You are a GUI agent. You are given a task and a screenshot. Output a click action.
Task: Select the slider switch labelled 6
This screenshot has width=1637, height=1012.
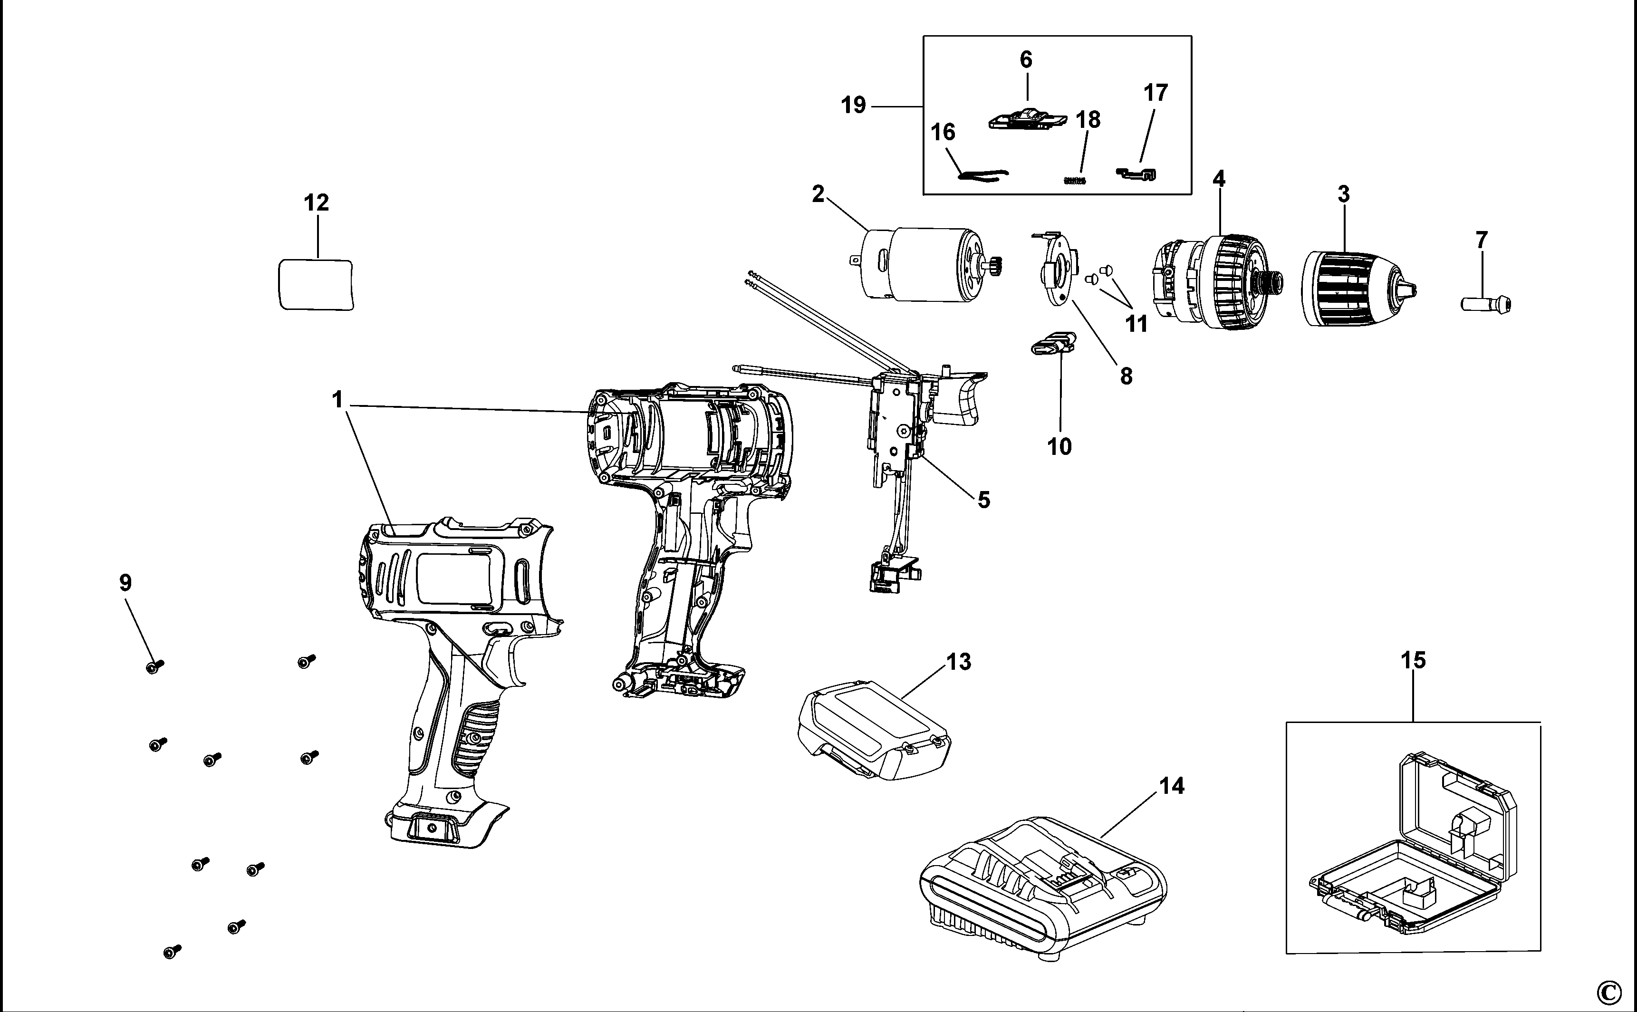pos(1027,120)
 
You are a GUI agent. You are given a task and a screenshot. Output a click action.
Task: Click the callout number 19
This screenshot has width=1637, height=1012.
pos(853,105)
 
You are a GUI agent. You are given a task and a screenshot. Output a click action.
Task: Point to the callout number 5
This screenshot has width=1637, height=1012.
pos(983,499)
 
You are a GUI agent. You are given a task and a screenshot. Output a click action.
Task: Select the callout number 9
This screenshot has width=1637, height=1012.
pos(125,583)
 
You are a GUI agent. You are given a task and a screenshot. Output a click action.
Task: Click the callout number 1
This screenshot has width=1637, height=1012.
pos(337,400)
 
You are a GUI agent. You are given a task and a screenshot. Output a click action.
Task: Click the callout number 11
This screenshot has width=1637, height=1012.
pos(1136,324)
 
